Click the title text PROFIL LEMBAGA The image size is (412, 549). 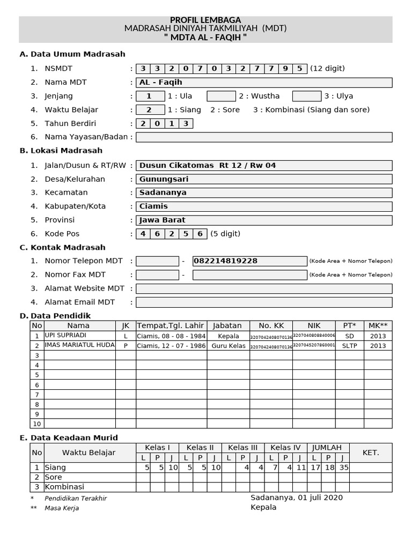click(x=205, y=20)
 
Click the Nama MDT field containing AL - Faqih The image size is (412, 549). click(x=263, y=83)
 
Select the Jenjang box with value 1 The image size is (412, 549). click(x=150, y=96)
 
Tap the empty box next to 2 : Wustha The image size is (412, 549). click(x=221, y=96)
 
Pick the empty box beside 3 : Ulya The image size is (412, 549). click(x=306, y=96)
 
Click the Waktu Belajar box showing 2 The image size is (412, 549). click(x=150, y=110)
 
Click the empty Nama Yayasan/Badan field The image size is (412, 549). click(x=263, y=137)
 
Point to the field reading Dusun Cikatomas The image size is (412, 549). click(x=263, y=165)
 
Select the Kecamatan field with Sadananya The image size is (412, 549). click(x=263, y=192)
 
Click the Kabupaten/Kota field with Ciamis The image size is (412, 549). click(x=263, y=206)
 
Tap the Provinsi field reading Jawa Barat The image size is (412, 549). click(x=263, y=220)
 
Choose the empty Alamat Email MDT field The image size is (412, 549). click(x=263, y=302)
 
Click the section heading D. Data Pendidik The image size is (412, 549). click(x=55, y=316)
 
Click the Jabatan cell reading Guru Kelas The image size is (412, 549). click(x=228, y=346)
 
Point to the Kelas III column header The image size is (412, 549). click(x=242, y=448)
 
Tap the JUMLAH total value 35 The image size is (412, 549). click(x=343, y=468)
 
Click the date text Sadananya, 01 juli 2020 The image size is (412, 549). click(x=297, y=498)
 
